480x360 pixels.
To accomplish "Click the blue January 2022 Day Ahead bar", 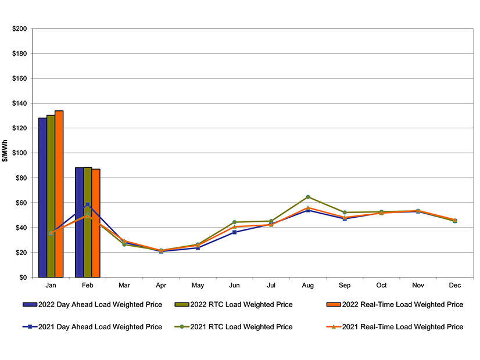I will (42, 197).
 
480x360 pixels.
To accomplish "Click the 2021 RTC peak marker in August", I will (308, 197).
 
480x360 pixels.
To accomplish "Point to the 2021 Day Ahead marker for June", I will (234, 232).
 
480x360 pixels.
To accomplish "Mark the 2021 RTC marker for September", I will (345, 213).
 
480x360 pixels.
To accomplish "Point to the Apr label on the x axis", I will (161, 286).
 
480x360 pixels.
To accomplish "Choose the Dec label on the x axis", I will (454, 286).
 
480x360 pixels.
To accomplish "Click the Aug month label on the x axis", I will (308, 286).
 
